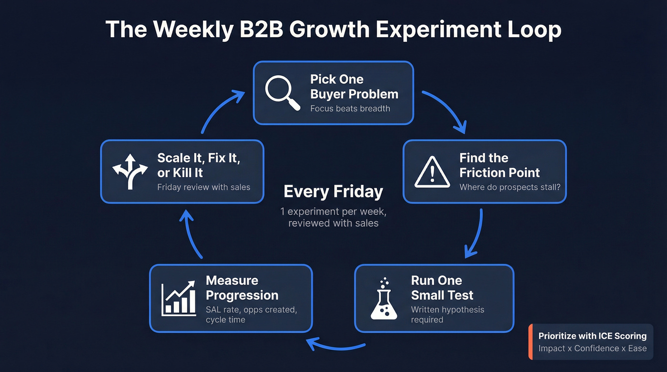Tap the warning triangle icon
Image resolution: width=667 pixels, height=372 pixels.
[432, 172]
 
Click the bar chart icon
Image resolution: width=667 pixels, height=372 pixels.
[178, 298]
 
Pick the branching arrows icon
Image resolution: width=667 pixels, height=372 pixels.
[130, 172]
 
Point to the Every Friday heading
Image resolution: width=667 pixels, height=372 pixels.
[333, 191]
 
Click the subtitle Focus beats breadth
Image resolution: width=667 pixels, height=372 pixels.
[350, 108]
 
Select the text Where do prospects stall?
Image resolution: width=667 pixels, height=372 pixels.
[510, 187]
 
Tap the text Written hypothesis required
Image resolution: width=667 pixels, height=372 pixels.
[447, 314]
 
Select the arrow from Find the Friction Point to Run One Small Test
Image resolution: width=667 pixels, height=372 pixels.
[476, 233]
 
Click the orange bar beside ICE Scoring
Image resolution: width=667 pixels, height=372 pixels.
[530, 342]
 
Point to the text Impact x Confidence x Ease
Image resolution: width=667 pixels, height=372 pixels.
[592, 348]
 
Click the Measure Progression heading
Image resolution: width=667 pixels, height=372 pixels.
[242, 288]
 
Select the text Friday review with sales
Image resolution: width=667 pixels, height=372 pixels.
[203, 187]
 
